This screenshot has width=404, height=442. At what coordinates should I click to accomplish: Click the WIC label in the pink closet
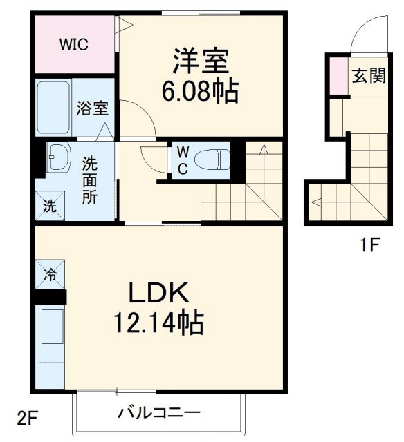pyautogui.click(x=73, y=45)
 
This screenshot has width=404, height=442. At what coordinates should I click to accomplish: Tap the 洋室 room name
pyautogui.click(x=201, y=62)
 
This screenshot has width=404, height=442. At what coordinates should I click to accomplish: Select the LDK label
pyautogui.click(x=158, y=293)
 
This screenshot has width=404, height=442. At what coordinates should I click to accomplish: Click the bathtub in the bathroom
pyautogui.click(x=53, y=108)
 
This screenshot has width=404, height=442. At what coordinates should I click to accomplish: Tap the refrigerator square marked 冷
pyautogui.click(x=50, y=275)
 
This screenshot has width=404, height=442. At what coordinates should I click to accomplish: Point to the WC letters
pyautogui.click(x=182, y=161)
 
